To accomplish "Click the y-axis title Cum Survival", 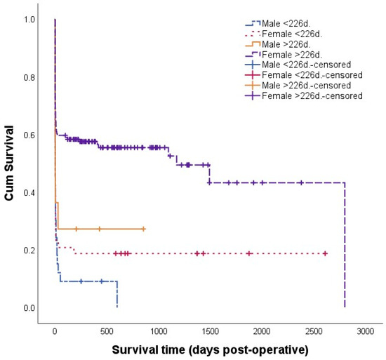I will (x=11, y=164).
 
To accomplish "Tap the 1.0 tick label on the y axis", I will (x=27, y=20).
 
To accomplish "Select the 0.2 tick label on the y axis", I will (x=27, y=251).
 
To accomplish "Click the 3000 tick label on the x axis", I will (x=365, y=331).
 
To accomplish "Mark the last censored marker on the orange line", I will (x=143, y=229).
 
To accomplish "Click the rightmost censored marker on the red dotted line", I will (x=325, y=253).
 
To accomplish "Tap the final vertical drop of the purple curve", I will (x=345, y=246).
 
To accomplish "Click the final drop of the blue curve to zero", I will (x=117, y=295).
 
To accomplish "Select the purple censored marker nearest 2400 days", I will (x=301, y=182).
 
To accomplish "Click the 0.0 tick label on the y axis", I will (x=27, y=308).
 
